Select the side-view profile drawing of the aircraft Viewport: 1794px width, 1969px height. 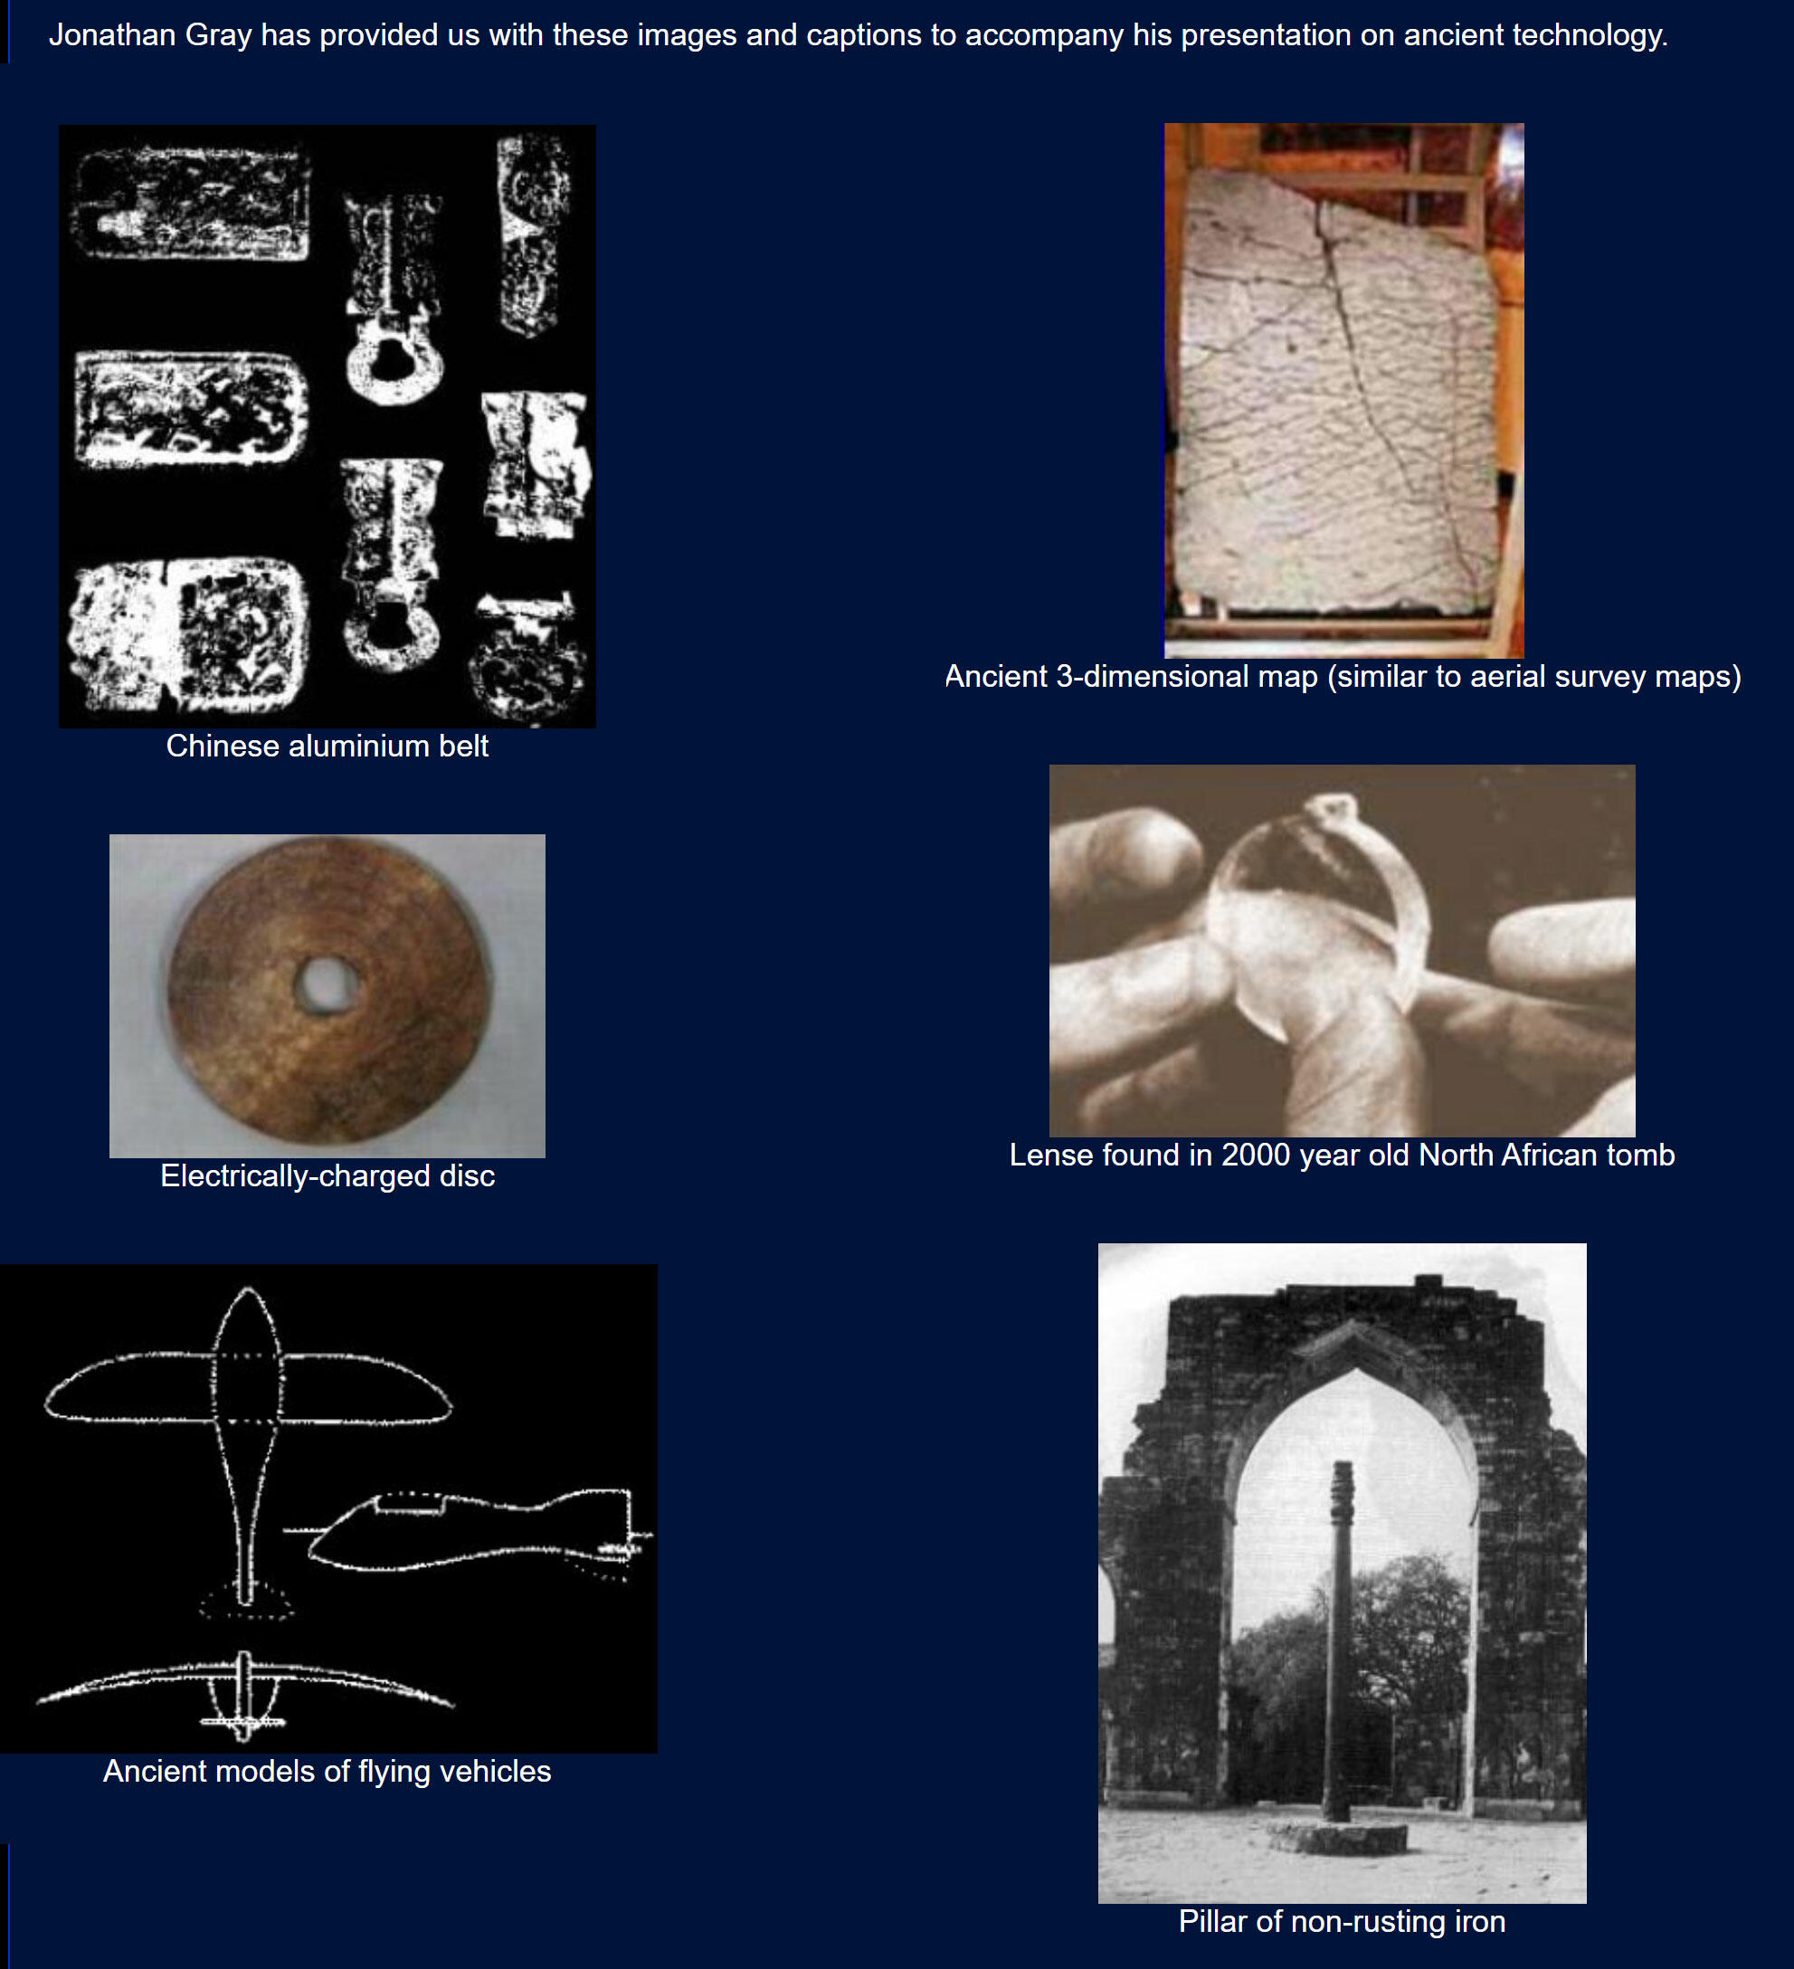[x=469, y=1531]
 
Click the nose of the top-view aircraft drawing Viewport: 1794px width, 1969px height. [x=247, y=1291]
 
